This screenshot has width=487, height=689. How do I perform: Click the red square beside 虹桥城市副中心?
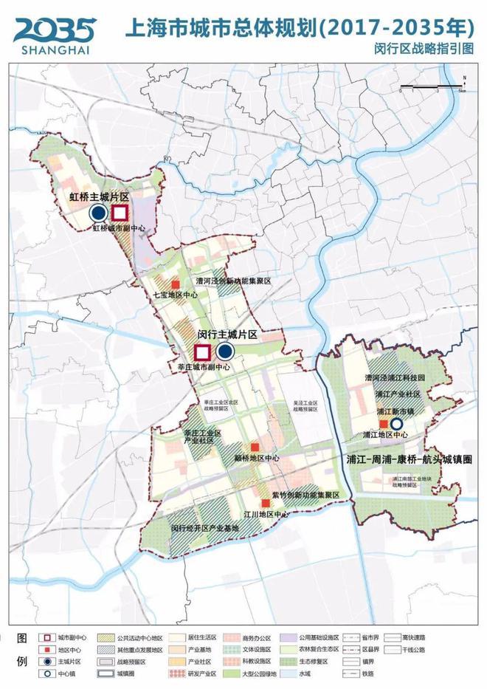click(x=120, y=213)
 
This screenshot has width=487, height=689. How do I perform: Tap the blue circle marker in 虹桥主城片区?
click(x=97, y=213)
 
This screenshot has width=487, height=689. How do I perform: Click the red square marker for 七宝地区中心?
click(x=175, y=284)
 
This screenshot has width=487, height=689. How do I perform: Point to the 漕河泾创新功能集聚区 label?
click(x=234, y=281)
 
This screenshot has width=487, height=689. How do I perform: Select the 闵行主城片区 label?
click(x=227, y=335)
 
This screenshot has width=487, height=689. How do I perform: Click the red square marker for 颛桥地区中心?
click(x=255, y=448)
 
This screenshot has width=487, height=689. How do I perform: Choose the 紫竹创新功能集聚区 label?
click(x=304, y=494)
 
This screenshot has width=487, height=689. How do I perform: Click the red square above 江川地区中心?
click(x=266, y=503)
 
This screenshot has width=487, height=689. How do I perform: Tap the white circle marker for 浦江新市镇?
click(x=396, y=424)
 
